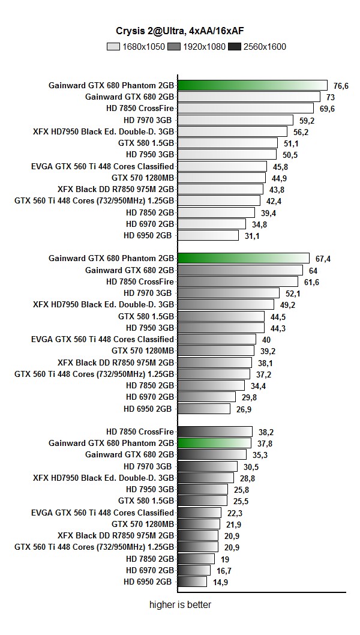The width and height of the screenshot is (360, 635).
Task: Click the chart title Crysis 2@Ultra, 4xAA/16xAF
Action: point(179,31)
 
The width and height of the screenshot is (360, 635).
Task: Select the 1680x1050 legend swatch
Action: point(113,46)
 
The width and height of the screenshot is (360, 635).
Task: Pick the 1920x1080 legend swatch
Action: point(175,46)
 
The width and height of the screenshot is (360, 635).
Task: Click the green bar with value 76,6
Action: point(253,85)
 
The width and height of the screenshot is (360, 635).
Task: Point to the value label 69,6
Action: point(327,109)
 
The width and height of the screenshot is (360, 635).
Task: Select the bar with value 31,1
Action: point(208,235)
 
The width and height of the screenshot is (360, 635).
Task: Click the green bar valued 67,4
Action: point(244,258)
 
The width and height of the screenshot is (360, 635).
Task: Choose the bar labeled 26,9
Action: point(204,408)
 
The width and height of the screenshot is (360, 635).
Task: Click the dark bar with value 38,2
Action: point(215,432)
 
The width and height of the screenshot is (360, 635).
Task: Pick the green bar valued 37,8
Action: point(214,443)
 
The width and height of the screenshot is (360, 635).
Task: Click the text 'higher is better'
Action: point(180,604)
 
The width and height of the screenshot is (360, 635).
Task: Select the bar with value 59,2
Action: point(235,120)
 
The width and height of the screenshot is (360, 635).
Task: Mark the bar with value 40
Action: point(217,339)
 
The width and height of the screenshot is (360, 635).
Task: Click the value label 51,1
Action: point(291,143)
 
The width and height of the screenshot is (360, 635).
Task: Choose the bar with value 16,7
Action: point(194,570)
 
